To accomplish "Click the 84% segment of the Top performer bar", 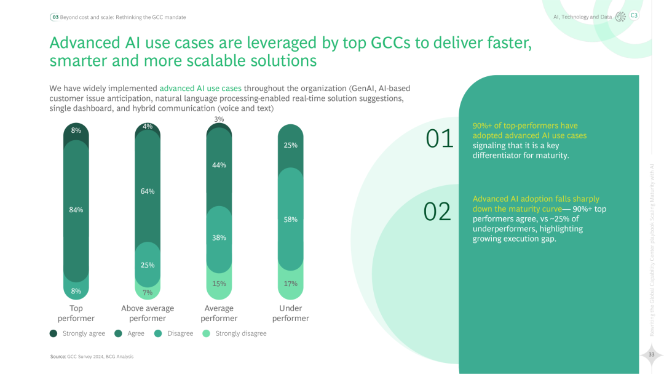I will pyautogui.click(x=76, y=210).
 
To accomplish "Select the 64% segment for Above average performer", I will pyautogui.click(x=148, y=191).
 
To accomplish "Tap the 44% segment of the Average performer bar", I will pyautogui.click(x=219, y=165).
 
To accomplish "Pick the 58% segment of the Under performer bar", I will pyautogui.click(x=291, y=219).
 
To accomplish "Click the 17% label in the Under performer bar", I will pyautogui.click(x=291, y=284).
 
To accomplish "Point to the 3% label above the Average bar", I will pyautogui.click(x=219, y=119).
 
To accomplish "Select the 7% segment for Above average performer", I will pyautogui.click(x=148, y=292).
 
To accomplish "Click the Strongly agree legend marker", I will pyautogui.click(x=53, y=333).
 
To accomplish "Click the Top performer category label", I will pyautogui.click(x=76, y=313).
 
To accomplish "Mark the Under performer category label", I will pyautogui.click(x=291, y=313).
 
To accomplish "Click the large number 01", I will pyautogui.click(x=440, y=139).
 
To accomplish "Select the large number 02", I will pyautogui.click(x=438, y=212).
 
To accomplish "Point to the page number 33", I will pyautogui.click(x=651, y=354).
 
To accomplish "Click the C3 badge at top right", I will pyautogui.click(x=634, y=16).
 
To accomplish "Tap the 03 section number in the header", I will pyautogui.click(x=55, y=17).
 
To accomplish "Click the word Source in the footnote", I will pyautogui.click(x=58, y=357).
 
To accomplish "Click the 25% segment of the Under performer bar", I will pyautogui.click(x=291, y=145).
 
